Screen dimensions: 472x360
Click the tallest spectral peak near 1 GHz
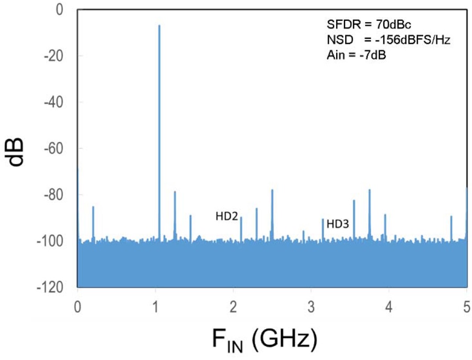pos(159,133)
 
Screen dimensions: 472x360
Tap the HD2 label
pos(227,216)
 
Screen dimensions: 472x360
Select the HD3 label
pos(338,224)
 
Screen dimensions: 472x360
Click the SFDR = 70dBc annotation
pos(369,24)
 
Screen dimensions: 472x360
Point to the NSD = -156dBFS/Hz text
pos(389,40)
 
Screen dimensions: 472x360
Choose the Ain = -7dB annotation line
pos(357,56)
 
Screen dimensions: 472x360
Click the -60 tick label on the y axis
pos(53,148)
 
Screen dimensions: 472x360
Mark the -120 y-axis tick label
pos(50,287)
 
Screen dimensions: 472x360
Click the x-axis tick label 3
pos(311,307)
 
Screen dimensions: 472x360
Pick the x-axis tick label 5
pos(467,307)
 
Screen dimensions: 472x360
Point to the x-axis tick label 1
pos(155,307)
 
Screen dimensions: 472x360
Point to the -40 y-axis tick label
pos(53,102)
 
